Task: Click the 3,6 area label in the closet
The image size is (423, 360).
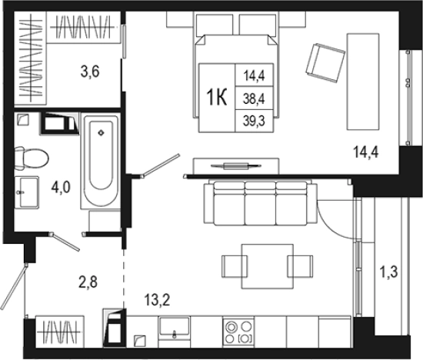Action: coord(90,72)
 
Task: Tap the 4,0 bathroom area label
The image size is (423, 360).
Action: coord(61,187)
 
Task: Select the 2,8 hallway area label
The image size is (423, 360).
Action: coord(88,282)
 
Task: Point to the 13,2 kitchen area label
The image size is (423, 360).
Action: coord(157,300)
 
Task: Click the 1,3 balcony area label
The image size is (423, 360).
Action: coord(388,272)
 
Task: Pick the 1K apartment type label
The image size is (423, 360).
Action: coord(216,98)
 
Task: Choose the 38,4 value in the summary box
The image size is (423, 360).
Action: coord(254,98)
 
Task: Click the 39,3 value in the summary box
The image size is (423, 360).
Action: coord(254,122)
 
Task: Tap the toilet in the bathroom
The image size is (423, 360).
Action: coord(32,158)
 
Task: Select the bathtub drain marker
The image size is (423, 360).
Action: coord(101,133)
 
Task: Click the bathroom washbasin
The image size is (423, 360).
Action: coord(26,192)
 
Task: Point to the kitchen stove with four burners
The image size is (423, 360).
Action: coord(238,332)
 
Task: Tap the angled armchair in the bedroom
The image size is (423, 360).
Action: coord(325,62)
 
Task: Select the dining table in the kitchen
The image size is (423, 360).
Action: coord(268,266)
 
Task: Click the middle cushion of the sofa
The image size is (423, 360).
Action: coord(260,203)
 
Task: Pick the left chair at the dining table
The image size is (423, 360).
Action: coord(235,266)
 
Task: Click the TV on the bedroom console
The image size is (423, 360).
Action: coord(236,165)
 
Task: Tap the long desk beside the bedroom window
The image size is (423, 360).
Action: coord(363,82)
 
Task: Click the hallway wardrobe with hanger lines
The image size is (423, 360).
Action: coord(59,332)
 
